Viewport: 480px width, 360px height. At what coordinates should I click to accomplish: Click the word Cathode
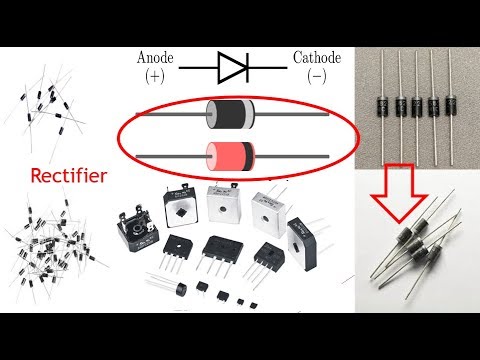coord(316,59)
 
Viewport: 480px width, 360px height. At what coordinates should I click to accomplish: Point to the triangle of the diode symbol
coord(231,68)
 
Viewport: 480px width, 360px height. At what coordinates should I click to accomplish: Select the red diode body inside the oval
coord(223,153)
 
